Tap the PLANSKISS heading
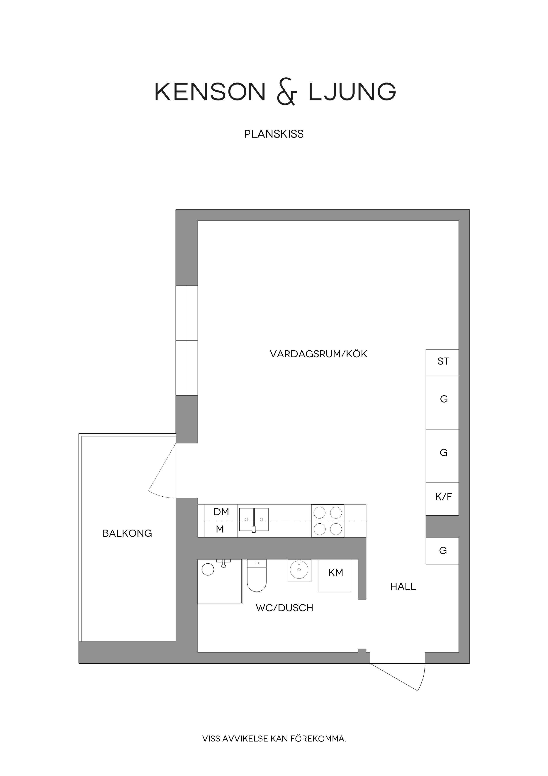click(274, 134)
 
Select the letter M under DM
click(220, 529)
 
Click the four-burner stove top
click(327, 521)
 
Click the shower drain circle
click(208, 569)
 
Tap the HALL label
click(403, 586)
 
